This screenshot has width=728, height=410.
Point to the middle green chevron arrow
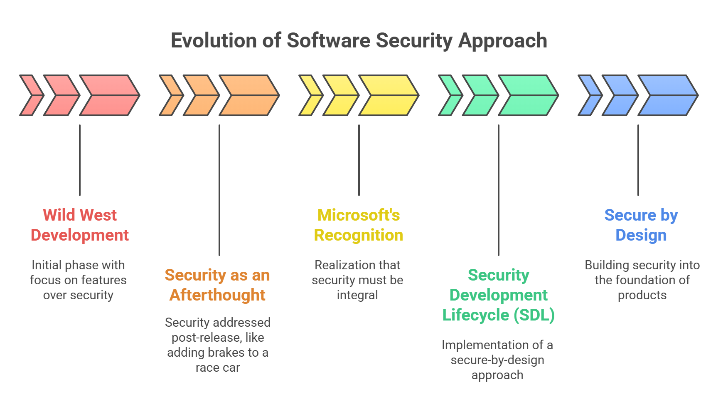click(x=480, y=95)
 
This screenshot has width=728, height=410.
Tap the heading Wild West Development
click(x=80, y=225)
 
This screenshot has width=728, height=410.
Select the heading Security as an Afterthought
click(x=217, y=285)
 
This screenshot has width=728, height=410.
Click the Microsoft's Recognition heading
click(x=359, y=225)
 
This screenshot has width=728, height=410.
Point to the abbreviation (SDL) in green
click(x=534, y=315)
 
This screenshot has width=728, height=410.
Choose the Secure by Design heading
click(x=641, y=225)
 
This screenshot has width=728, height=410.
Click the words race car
click(x=218, y=368)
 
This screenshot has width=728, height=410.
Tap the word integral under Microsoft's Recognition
click(x=357, y=295)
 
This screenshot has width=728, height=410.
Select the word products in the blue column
click(x=642, y=295)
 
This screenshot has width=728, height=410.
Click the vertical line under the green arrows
click(x=499, y=189)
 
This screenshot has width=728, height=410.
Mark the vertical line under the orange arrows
click(x=219, y=189)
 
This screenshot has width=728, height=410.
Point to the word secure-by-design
click(x=497, y=360)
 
